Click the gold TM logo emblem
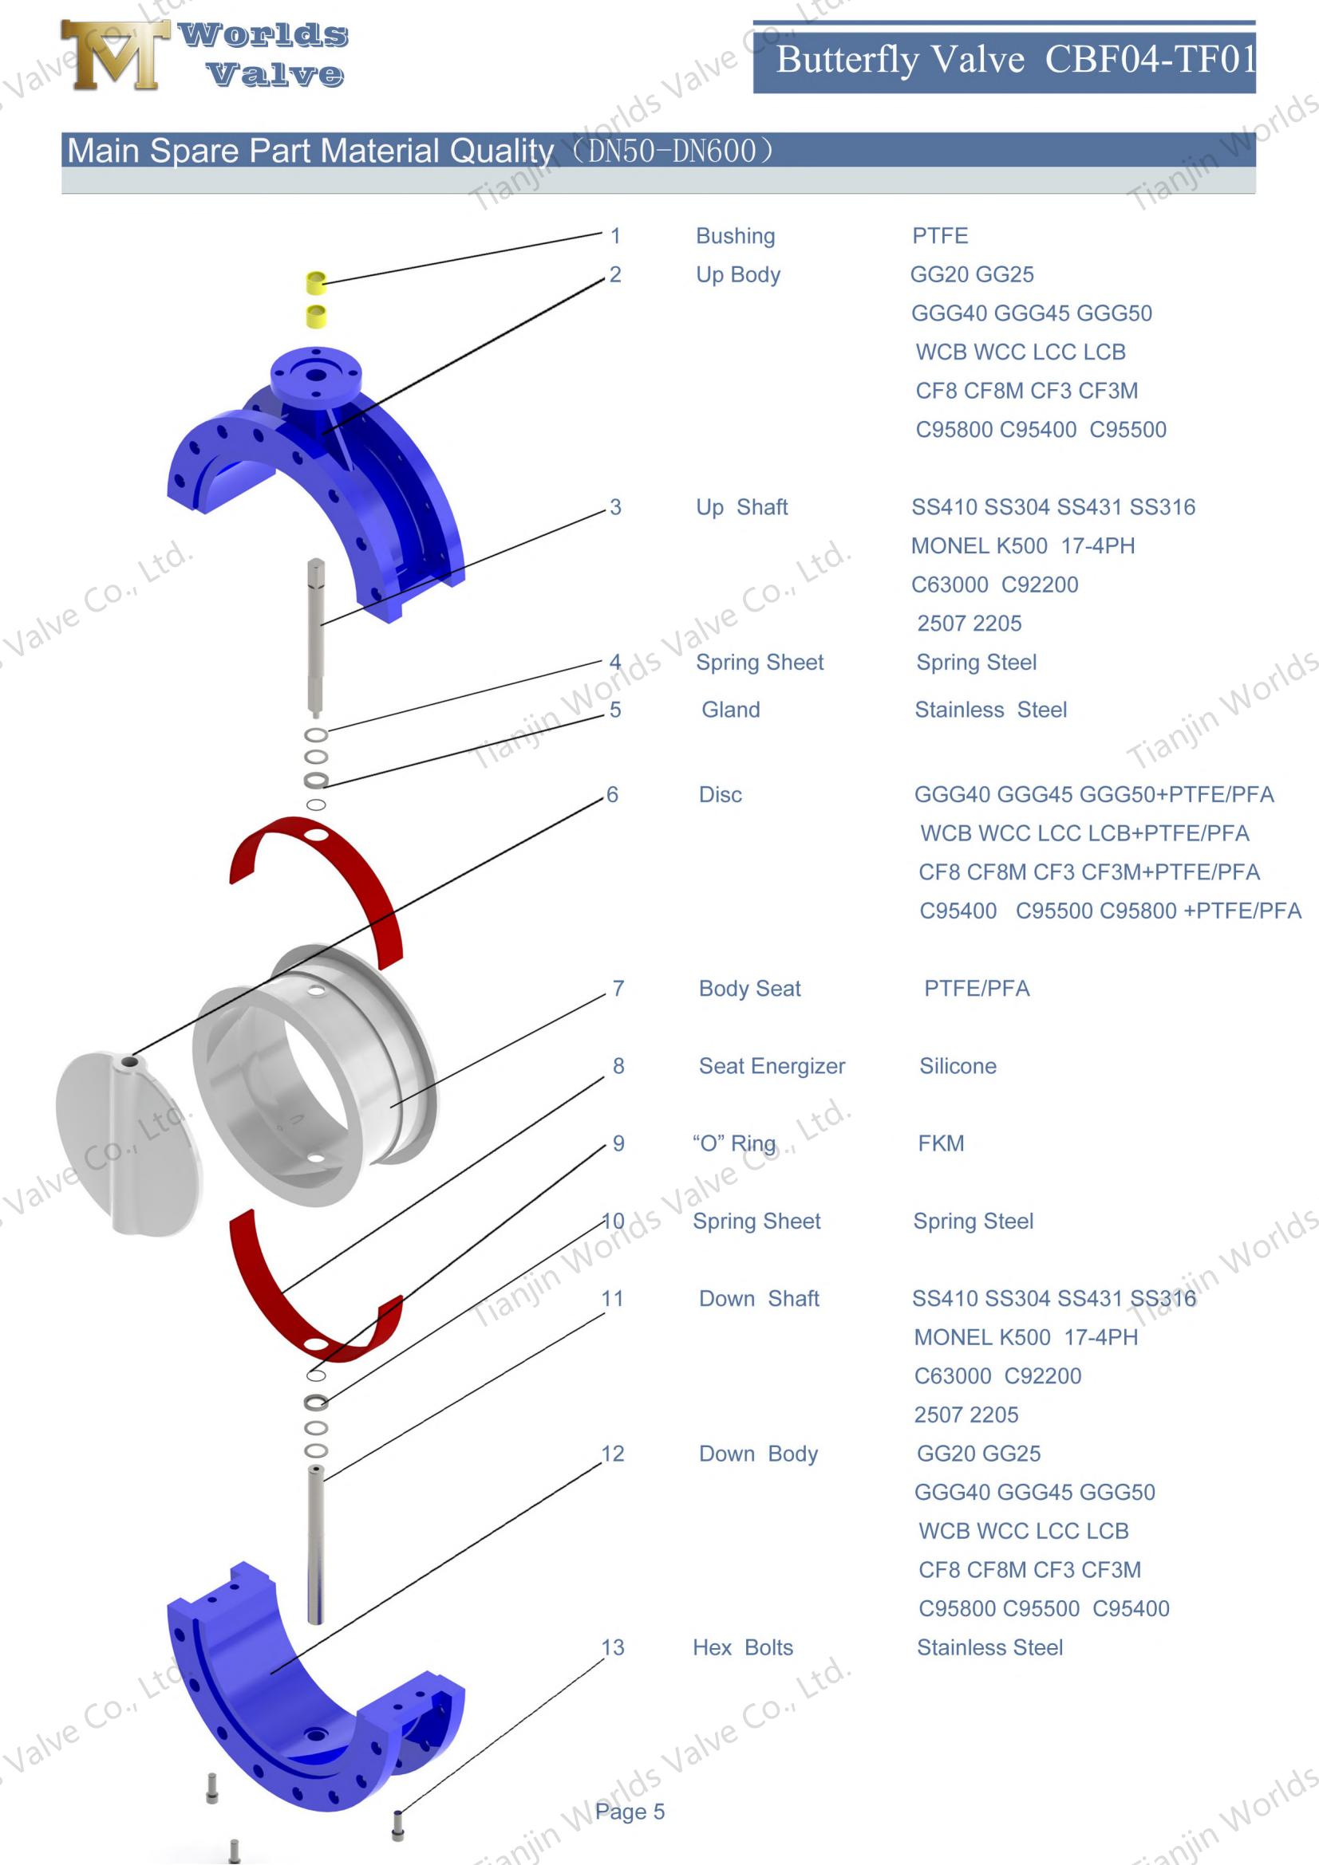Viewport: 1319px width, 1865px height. (115, 54)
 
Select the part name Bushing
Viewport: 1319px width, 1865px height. (735, 235)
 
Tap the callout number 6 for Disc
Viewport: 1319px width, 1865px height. (612, 794)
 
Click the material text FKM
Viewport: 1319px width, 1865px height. (940, 1143)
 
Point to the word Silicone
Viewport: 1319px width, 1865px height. (957, 1066)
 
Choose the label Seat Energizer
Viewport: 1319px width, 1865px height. (772, 1066)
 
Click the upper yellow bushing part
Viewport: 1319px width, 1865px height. (315, 281)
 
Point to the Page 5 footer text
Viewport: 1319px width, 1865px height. (629, 1812)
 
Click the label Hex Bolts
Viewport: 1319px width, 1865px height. (742, 1647)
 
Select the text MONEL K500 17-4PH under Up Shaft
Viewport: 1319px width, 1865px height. (1021, 546)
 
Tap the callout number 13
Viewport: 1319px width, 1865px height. (612, 1647)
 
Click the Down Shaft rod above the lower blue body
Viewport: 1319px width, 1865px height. (315, 1544)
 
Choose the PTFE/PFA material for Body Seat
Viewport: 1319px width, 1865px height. (976, 989)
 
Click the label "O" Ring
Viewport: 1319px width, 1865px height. (733, 1143)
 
